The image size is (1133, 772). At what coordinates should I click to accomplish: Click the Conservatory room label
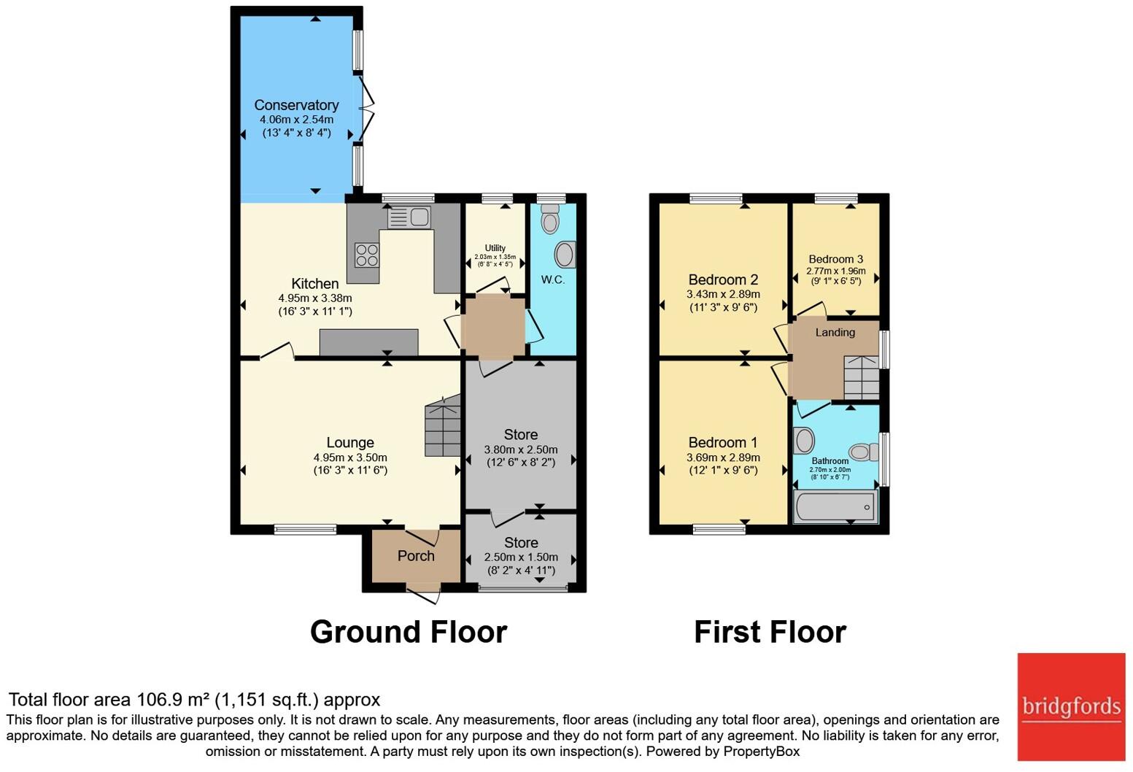tap(296, 105)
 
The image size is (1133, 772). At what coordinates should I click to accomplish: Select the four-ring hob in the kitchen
tap(366, 255)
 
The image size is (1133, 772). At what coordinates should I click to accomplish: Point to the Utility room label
tap(495, 248)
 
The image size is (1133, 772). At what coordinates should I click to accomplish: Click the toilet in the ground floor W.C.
tap(550, 218)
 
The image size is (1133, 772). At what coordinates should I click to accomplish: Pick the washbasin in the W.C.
tap(565, 255)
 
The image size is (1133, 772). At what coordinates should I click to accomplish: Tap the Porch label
tap(416, 556)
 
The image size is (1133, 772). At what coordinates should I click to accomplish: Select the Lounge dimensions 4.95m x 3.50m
tap(350, 458)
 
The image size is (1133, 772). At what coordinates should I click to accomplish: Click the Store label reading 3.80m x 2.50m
tap(520, 435)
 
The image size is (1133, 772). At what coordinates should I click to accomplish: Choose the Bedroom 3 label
tap(835, 259)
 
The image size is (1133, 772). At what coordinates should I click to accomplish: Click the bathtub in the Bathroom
tap(835, 506)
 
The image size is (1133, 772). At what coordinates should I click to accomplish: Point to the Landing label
tap(835, 333)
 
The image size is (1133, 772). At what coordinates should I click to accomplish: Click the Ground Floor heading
tap(408, 632)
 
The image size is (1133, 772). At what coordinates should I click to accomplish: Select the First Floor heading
tap(770, 632)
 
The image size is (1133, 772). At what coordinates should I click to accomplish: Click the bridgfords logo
tap(1071, 706)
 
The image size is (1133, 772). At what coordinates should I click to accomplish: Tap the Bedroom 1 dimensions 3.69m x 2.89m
tap(723, 458)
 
